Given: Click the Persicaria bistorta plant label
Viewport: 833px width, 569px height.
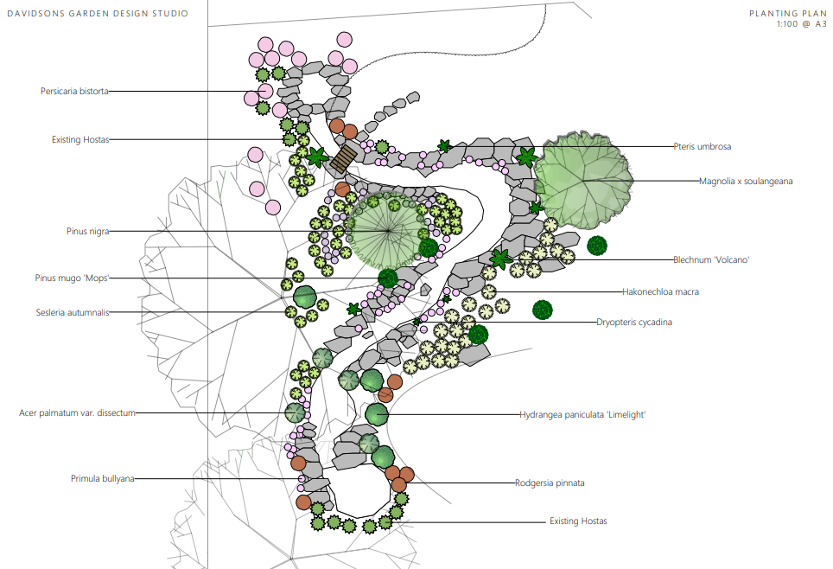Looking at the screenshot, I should (x=74, y=91).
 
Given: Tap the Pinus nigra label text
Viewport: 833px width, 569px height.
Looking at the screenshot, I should (x=87, y=231).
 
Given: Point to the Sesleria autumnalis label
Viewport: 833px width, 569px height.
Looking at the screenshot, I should (x=73, y=312).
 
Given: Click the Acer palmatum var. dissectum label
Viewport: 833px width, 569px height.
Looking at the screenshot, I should (x=78, y=413).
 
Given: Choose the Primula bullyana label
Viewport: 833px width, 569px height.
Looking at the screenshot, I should (x=102, y=478).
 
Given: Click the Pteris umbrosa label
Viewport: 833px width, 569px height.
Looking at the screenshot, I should (x=703, y=146).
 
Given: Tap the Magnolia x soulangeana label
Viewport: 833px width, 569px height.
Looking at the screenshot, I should (x=746, y=181).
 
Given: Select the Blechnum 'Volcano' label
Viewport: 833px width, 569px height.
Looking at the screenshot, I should (x=710, y=259).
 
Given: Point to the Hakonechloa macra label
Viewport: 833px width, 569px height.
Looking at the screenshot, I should (x=660, y=291).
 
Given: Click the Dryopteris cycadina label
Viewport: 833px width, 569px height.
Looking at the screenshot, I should (x=634, y=322).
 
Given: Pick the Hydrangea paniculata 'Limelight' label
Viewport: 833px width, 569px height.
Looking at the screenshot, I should (x=582, y=415).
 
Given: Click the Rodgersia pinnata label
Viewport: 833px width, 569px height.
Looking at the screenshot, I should (x=550, y=483).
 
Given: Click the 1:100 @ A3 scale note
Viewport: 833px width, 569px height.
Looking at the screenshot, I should (x=799, y=24).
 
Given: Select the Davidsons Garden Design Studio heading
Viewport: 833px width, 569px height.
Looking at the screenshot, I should (x=97, y=14).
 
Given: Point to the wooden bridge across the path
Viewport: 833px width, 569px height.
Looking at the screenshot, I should (x=343, y=158).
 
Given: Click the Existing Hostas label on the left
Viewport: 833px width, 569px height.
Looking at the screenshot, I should (x=79, y=139).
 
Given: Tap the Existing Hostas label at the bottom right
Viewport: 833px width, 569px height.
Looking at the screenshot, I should (x=578, y=521).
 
